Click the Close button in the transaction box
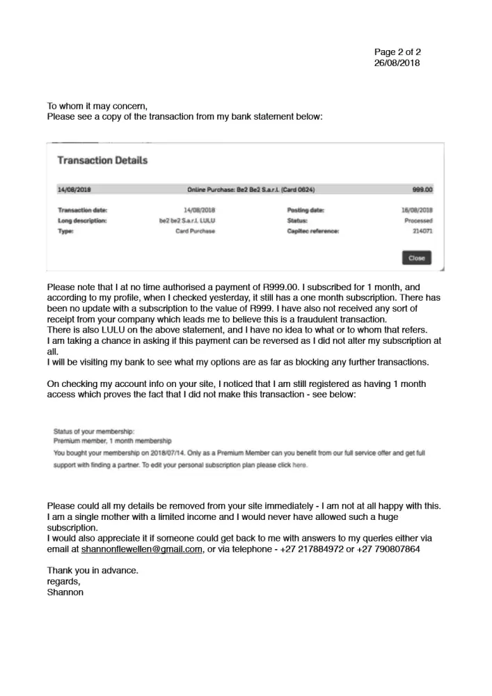[x=416, y=258]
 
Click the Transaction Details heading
[x=102, y=161]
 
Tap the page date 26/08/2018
[x=397, y=63]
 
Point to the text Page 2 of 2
[x=397, y=52]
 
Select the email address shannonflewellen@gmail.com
[x=142, y=549]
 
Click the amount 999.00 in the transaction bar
[x=422, y=189]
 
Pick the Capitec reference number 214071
[x=422, y=231]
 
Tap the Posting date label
[x=305, y=209]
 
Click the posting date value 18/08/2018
[x=418, y=209]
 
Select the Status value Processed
[x=419, y=221]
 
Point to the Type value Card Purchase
[x=195, y=231]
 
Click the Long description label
[x=81, y=221]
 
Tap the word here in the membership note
[x=299, y=465]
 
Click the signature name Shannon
[x=65, y=592]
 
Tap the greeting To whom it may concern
[x=97, y=106]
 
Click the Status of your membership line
[x=93, y=432]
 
